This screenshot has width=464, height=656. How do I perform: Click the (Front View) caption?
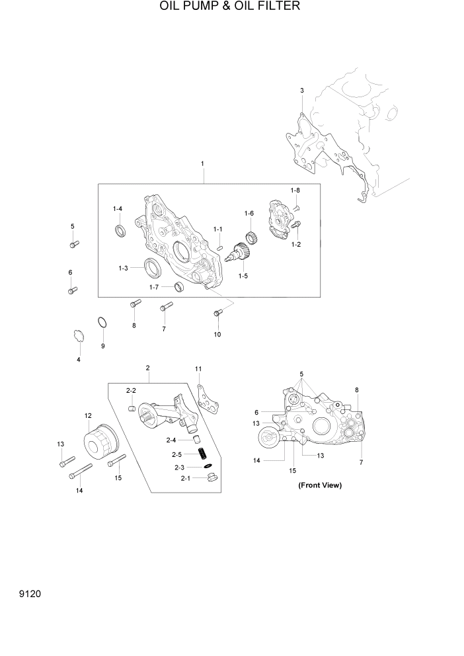click(x=319, y=485)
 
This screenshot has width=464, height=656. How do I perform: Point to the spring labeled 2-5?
click(x=204, y=454)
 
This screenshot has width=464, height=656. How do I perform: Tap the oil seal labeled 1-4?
click(x=120, y=229)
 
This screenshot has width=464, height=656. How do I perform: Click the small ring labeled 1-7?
click(x=177, y=286)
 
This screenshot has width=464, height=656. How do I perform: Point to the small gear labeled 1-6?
click(x=251, y=235)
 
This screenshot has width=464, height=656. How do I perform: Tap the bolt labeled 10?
click(x=217, y=314)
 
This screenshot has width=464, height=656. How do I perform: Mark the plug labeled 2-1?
click(x=212, y=477)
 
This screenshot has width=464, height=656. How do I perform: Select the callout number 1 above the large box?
click(x=202, y=163)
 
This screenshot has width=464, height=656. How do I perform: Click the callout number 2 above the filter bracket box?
click(x=147, y=368)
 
